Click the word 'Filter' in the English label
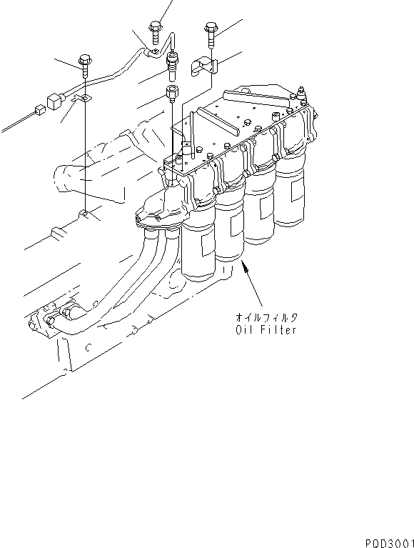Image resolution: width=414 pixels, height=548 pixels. point(278,330)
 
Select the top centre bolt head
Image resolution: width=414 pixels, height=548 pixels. point(156,30)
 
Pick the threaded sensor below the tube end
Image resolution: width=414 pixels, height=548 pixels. point(171,62)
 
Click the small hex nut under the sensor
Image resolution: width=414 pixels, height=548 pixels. point(171,92)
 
